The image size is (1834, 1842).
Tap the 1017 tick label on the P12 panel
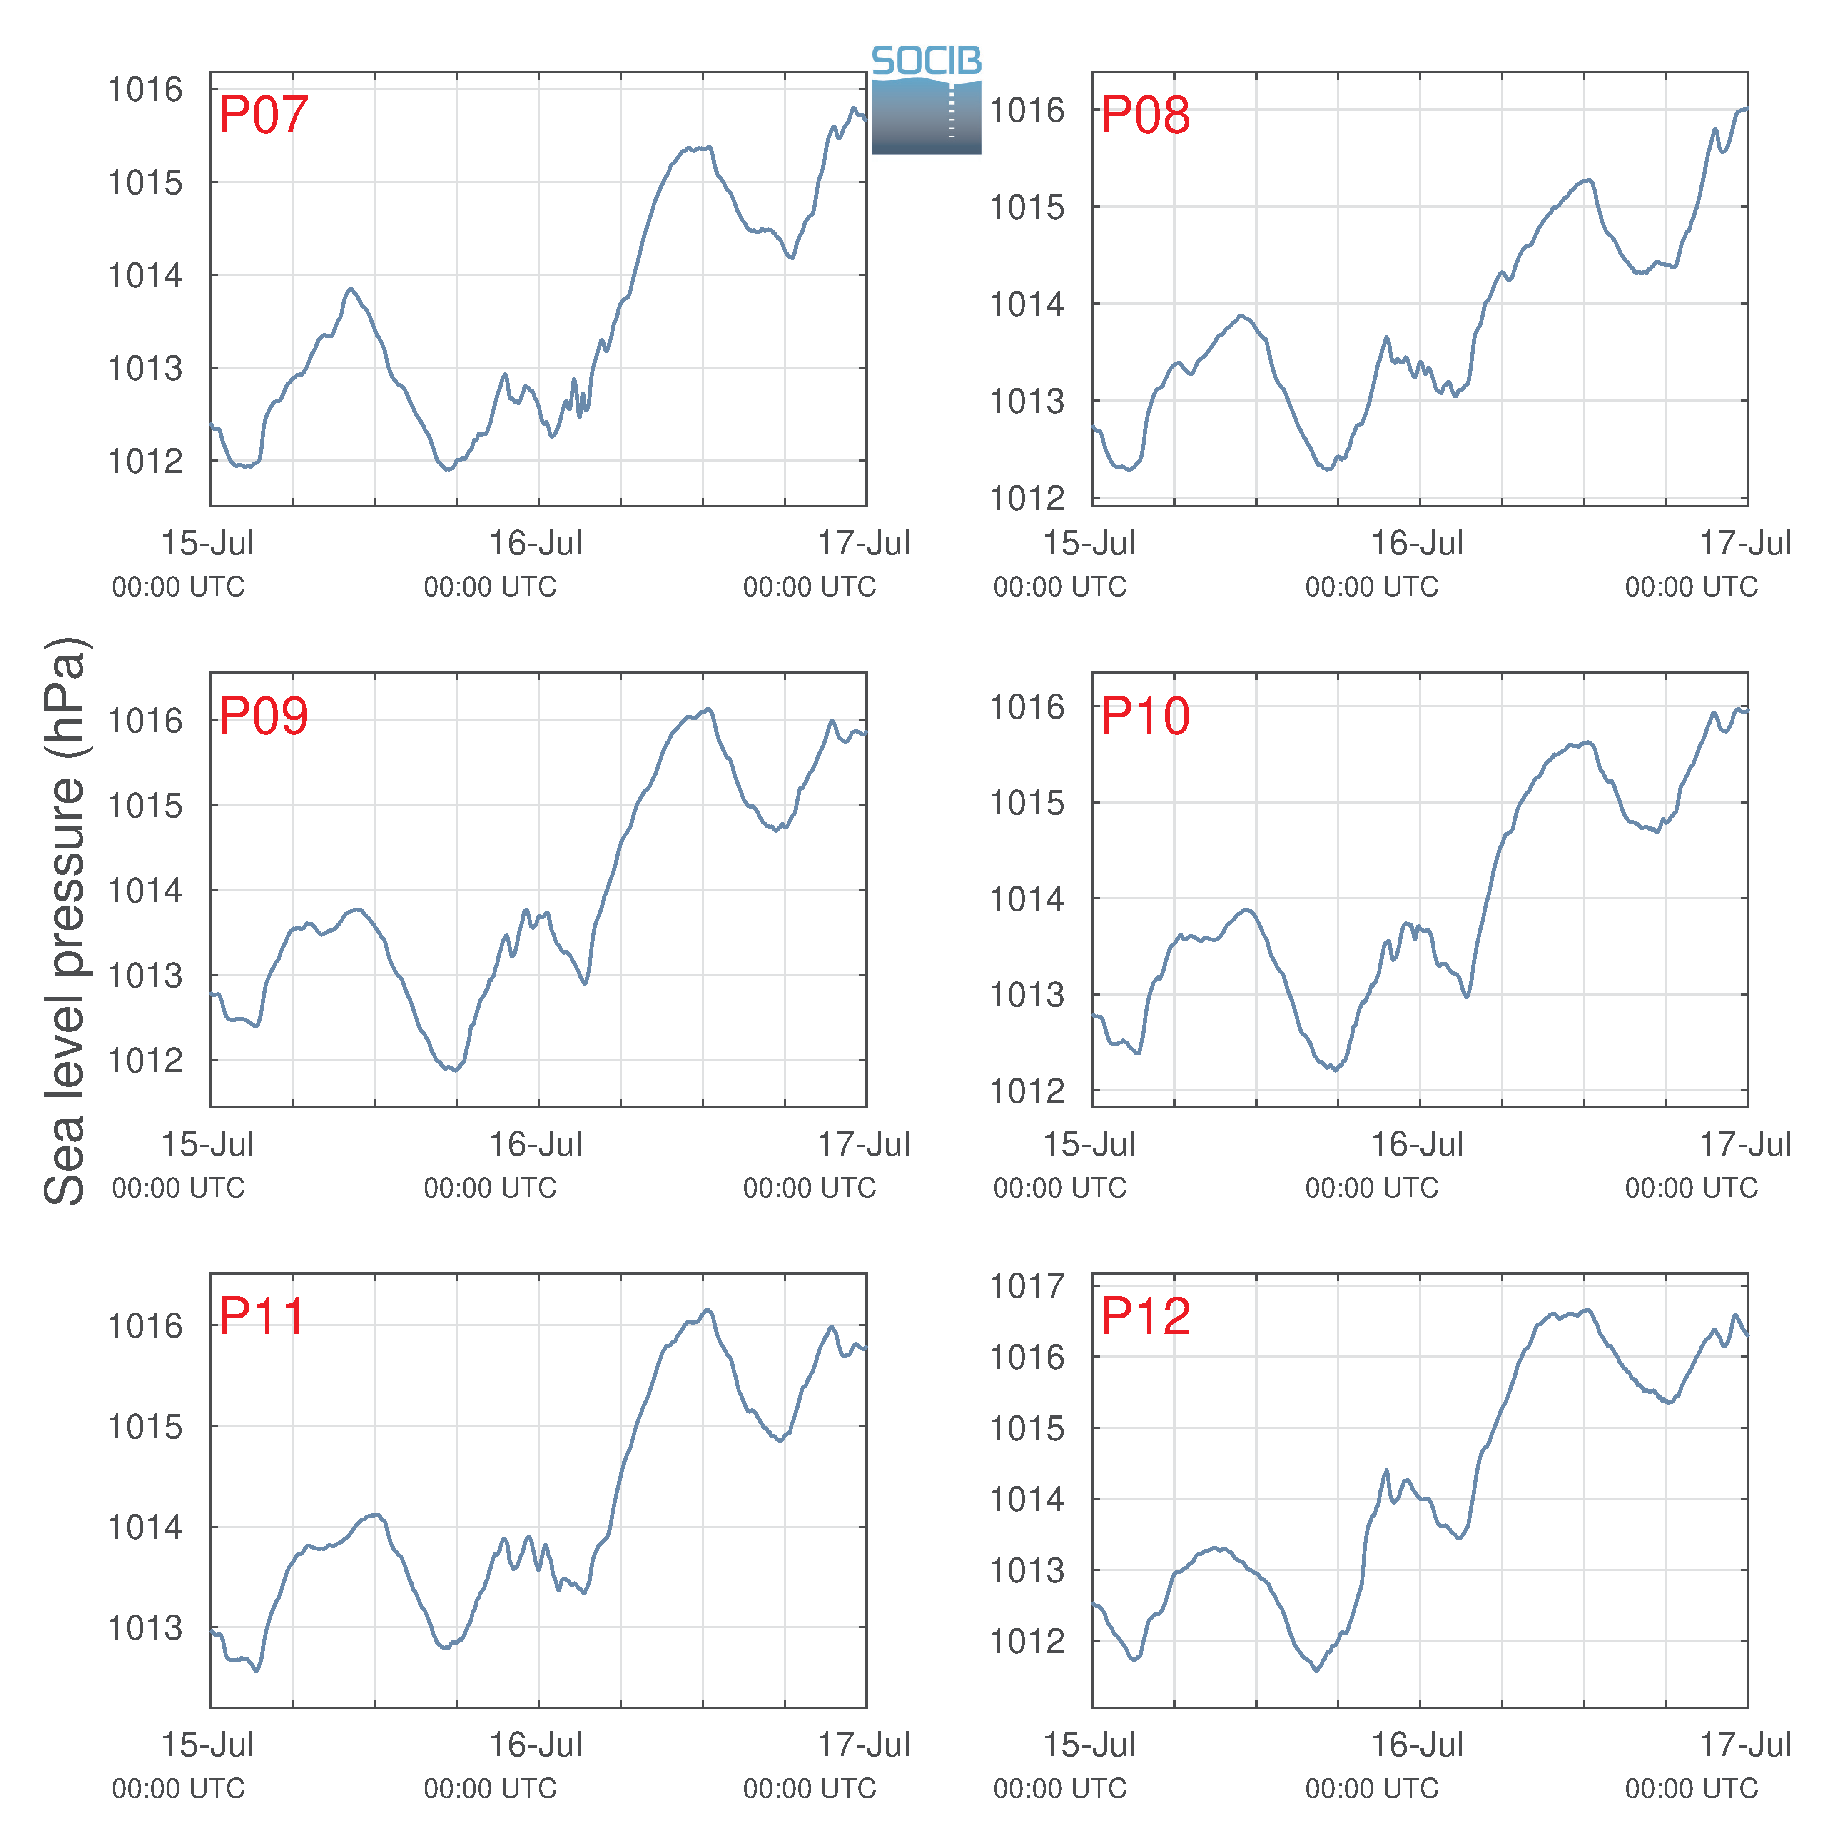[1027, 1286]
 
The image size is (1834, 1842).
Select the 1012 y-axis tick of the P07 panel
[145, 462]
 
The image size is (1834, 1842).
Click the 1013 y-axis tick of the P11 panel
[145, 1628]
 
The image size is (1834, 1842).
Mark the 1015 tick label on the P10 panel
[1027, 803]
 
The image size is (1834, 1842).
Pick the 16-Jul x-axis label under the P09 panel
[536, 1144]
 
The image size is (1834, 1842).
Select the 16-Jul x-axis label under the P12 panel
[1418, 1745]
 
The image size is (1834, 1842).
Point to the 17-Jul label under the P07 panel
[865, 544]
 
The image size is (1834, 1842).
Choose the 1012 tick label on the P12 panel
[1027, 1642]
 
